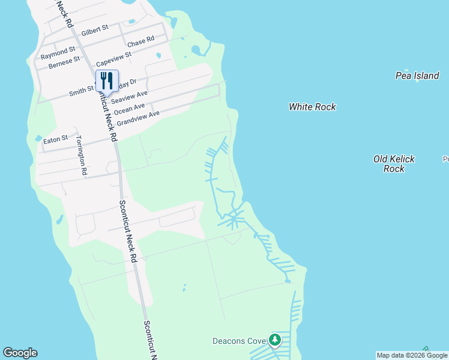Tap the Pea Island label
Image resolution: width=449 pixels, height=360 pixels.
pos(417,76)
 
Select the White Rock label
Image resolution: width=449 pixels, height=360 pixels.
pos(312,107)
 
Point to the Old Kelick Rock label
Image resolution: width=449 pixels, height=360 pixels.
pos(394,164)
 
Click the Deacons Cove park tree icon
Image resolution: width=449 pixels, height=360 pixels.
pos(275,341)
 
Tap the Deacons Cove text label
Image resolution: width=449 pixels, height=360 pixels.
pos(239,341)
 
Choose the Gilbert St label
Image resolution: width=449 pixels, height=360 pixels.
pos(95,29)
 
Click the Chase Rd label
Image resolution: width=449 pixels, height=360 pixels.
pos(141,41)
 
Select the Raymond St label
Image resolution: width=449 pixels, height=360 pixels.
pos(58,52)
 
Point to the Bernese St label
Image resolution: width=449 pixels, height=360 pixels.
pos(64,62)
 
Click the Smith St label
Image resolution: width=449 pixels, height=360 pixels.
pos(82,91)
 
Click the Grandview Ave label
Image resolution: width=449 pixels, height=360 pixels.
pos(138,118)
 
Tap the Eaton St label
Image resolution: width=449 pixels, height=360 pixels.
pos(56,140)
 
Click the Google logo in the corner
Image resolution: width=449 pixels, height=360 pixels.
pos(20,353)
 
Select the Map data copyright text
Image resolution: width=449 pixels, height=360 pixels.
pos(412,355)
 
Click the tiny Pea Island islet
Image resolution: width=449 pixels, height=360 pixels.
pos(418,82)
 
